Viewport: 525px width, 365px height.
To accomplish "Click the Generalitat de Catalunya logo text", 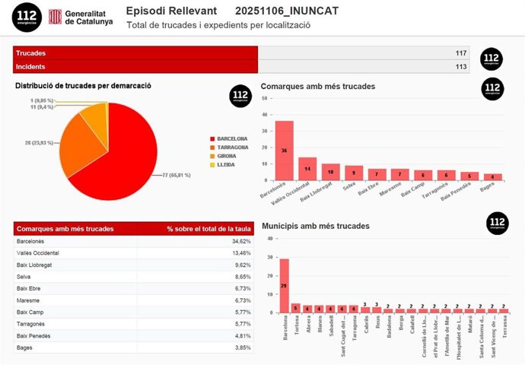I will point(88,17).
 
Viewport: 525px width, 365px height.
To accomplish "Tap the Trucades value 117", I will point(461,52).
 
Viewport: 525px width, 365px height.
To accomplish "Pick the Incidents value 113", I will point(461,66).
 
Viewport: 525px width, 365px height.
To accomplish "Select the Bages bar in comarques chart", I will point(492,177).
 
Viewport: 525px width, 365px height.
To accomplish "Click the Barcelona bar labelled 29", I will point(284,285).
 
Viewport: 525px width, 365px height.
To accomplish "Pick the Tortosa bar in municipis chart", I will point(296,309).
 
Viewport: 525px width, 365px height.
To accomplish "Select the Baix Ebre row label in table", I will point(30,289).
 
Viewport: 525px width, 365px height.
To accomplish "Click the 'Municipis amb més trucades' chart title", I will point(315,226).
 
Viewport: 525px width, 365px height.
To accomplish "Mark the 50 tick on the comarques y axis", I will point(263,98).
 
